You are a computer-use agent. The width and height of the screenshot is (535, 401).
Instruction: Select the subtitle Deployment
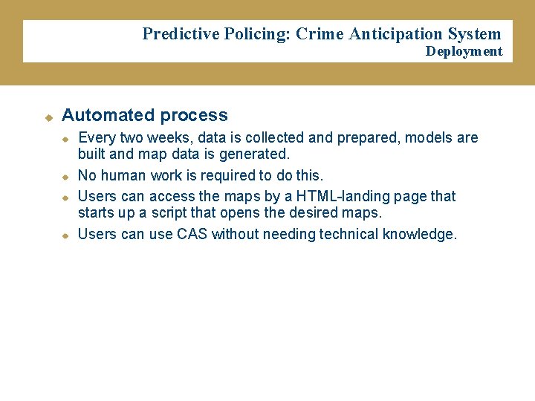tap(464, 51)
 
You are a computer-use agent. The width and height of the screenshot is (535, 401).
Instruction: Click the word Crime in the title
tap(320, 33)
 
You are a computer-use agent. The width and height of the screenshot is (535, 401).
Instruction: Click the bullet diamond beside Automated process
tap(48, 117)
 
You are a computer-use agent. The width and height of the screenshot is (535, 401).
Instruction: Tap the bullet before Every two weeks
tap(65, 139)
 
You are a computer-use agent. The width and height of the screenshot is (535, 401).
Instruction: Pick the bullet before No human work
tap(65, 177)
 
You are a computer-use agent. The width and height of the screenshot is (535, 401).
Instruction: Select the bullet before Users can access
tap(65, 198)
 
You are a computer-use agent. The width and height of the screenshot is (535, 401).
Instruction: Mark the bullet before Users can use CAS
tap(65, 235)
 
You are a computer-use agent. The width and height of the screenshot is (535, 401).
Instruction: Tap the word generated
tap(254, 154)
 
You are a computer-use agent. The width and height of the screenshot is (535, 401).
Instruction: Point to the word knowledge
tap(419, 235)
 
